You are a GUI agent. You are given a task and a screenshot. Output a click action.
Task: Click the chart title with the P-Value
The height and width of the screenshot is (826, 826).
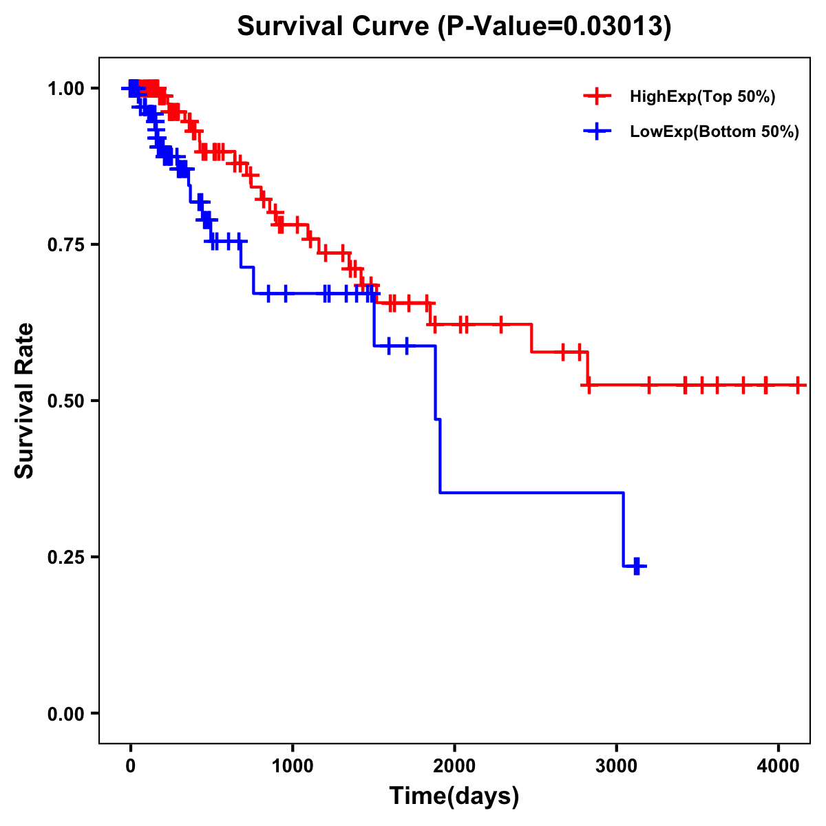click(454, 26)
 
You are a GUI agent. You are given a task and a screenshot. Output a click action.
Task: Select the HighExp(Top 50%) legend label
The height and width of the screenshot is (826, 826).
click(703, 96)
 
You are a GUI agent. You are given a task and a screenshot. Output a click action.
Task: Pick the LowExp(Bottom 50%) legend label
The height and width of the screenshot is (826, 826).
click(714, 132)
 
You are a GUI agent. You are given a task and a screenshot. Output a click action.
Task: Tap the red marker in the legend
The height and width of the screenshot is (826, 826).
click(597, 96)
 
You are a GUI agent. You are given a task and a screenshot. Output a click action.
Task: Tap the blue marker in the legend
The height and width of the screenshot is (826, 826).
click(597, 131)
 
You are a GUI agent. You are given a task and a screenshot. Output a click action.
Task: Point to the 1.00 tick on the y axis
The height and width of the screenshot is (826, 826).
click(66, 89)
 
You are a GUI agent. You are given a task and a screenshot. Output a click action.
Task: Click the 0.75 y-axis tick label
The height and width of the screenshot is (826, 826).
click(66, 245)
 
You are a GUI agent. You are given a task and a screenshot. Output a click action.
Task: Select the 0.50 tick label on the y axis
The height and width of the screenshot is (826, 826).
click(66, 401)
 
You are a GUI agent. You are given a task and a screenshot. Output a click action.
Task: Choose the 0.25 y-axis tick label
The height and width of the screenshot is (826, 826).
click(66, 558)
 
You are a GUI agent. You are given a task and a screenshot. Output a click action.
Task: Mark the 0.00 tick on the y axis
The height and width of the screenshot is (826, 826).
click(66, 714)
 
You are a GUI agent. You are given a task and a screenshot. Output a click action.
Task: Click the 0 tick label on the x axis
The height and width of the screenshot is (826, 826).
click(131, 764)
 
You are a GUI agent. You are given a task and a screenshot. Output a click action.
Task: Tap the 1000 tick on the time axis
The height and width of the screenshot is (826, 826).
click(293, 764)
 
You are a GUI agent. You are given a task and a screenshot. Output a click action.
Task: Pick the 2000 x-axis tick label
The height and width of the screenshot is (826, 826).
click(454, 764)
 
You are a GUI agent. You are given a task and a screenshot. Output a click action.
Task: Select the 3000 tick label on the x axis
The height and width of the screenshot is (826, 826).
click(617, 764)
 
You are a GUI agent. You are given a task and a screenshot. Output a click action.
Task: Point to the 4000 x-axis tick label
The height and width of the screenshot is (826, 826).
click(779, 764)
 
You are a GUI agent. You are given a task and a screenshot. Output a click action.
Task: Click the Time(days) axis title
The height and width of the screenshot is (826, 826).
click(454, 796)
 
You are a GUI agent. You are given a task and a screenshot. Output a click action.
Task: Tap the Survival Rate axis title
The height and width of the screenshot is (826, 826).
click(25, 401)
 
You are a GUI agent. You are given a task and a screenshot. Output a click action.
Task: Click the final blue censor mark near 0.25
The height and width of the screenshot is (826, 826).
click(637, 566)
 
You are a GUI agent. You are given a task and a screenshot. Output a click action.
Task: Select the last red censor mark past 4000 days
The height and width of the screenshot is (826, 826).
click(797, 385)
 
